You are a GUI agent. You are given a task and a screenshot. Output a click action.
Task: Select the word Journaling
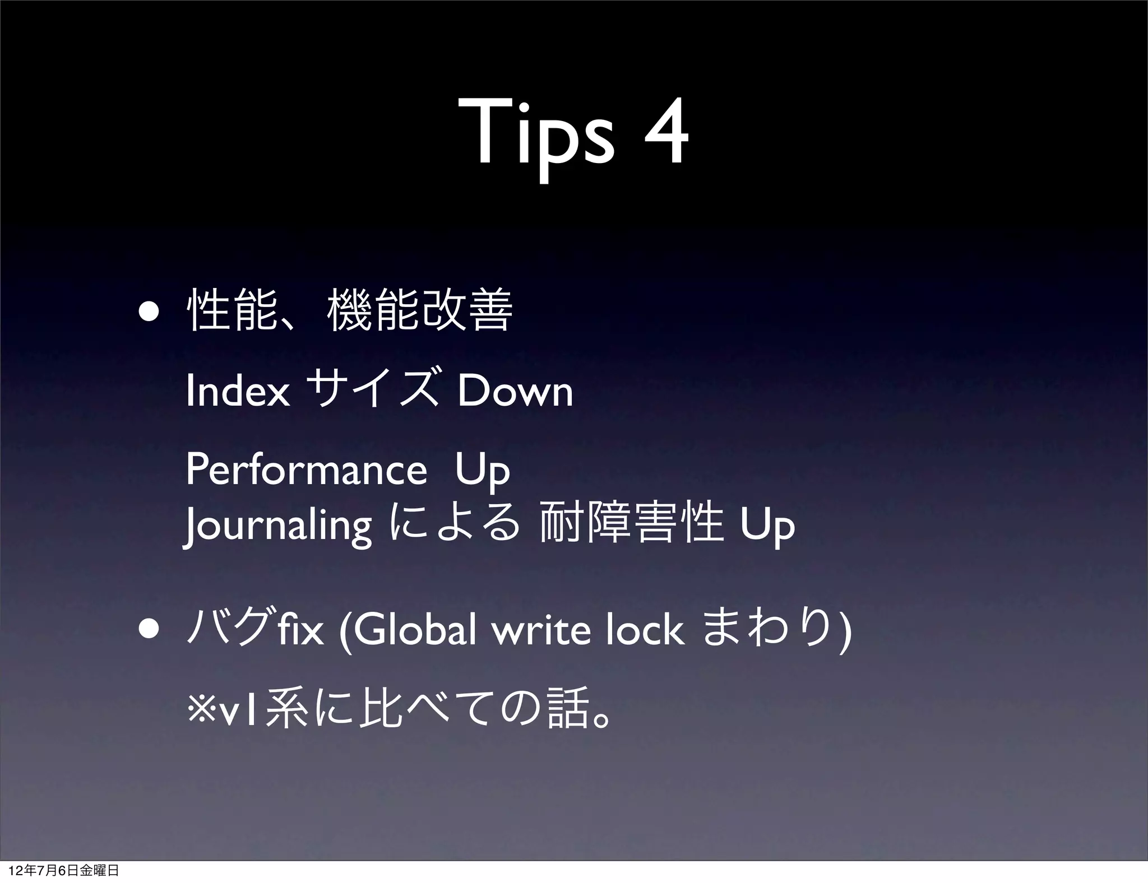point(278,526)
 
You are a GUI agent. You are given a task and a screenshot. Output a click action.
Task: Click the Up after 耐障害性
point(767,527)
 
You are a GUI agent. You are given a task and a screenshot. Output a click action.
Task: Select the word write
point(541,630)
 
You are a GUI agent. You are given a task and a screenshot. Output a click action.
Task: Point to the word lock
point(645,630)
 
